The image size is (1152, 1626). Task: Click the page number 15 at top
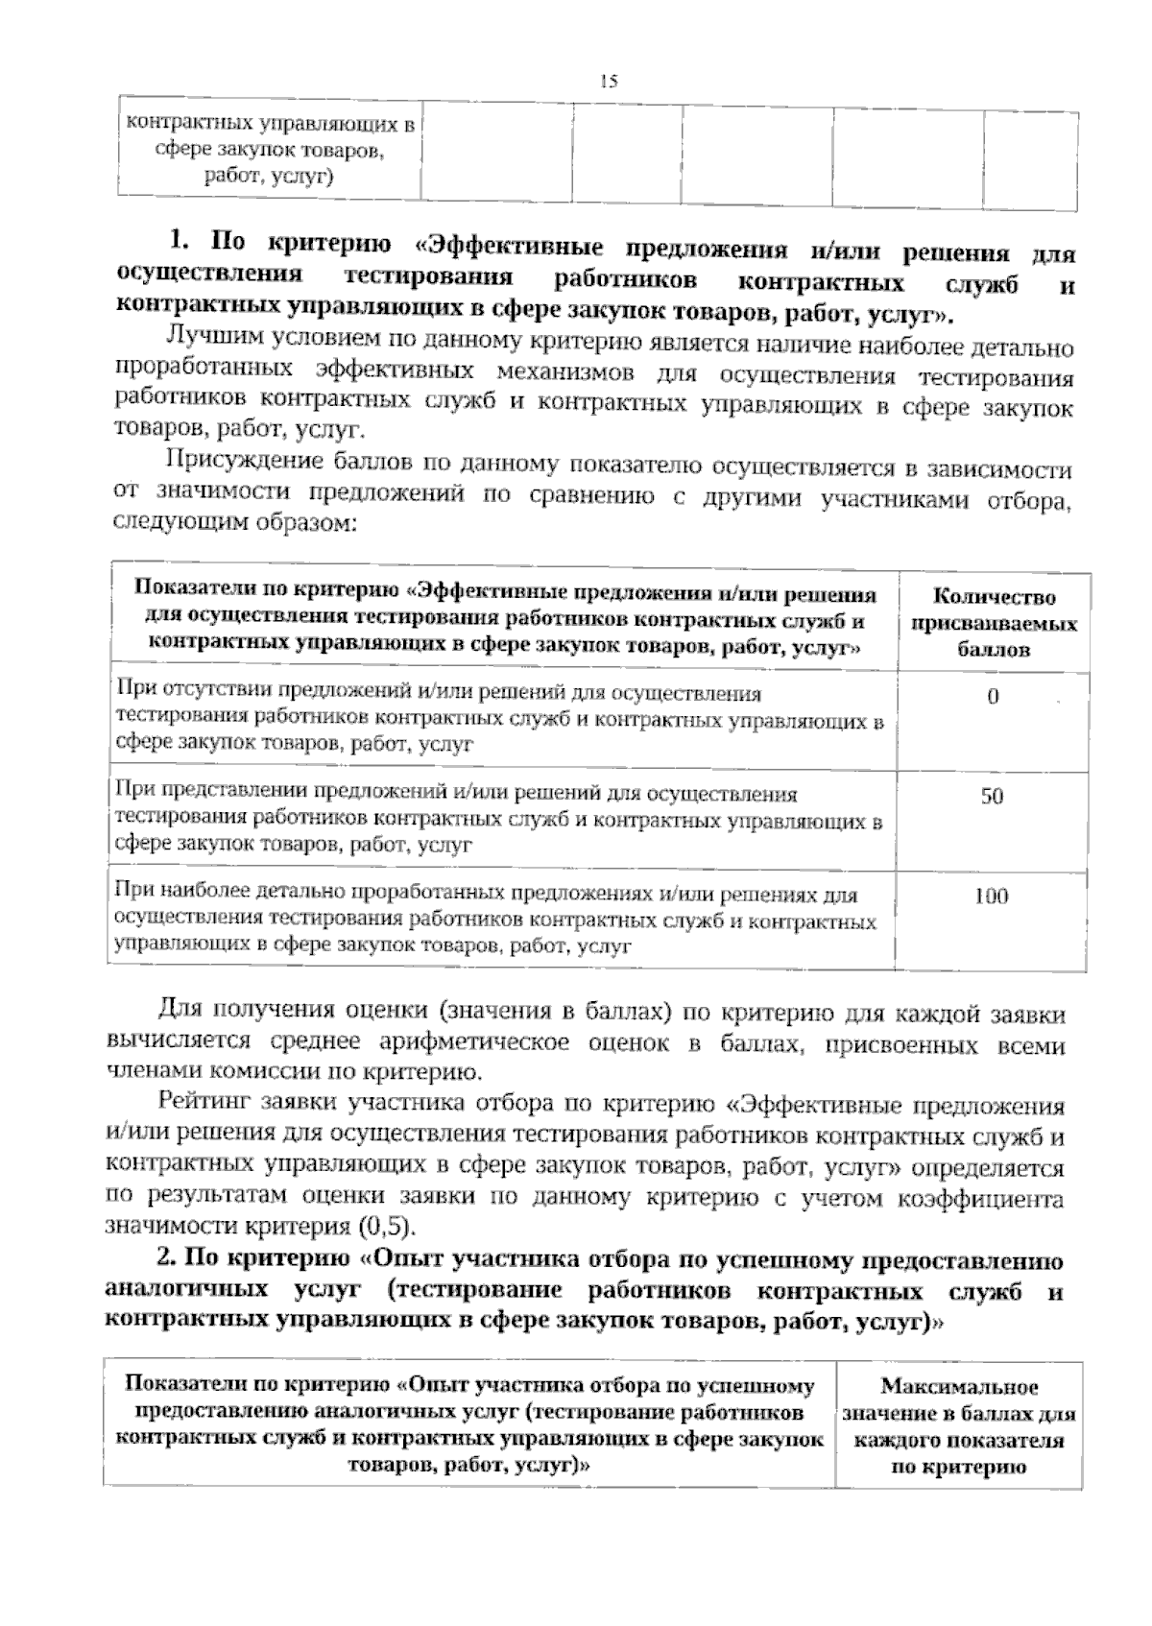pos(608,82)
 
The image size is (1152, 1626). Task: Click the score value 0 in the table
pos(993,697)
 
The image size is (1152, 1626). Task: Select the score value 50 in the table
pos(992,797)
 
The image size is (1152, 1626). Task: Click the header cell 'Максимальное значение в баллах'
pos(959,1426)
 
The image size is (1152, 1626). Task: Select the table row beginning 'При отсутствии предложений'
pos(499,718)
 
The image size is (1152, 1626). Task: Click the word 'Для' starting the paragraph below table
pos(176,1012)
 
